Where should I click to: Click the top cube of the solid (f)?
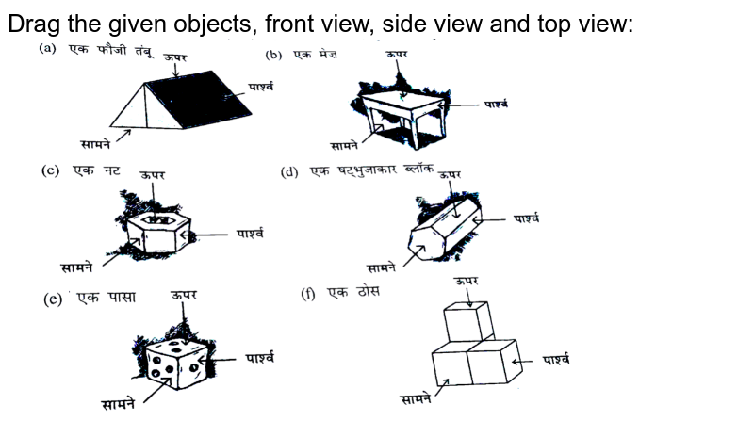pos(469,320)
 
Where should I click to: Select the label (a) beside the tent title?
pos(45,47)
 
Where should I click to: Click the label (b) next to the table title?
pos(274,54)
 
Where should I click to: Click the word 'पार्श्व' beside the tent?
pos(261,87)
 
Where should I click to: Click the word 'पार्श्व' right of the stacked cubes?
pos(560,360)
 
